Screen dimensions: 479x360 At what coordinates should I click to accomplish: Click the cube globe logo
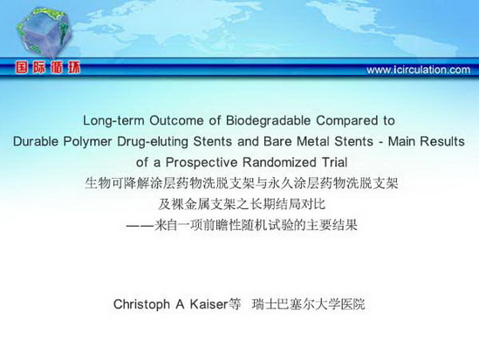click(44, 32)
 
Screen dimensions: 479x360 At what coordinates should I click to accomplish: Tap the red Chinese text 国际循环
click(48, 67)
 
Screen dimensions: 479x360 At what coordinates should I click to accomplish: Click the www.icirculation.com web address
click(418, 70)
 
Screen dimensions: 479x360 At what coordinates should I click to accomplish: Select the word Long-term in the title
click(113, 120)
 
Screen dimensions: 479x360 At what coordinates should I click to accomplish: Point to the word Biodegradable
click(268, 120)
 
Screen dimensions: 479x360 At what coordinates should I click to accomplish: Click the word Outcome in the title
click(176, 120)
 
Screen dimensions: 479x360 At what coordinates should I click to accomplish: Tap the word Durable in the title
click(36, 141)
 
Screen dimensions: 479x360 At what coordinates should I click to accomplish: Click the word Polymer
click(87, 142)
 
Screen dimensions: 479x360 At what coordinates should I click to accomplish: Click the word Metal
click(313, 141)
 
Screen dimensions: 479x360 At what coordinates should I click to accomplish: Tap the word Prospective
click(202, 162)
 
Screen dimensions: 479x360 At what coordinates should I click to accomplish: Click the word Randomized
click(279, 162)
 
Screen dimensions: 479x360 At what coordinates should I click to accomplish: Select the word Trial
click(334, 162)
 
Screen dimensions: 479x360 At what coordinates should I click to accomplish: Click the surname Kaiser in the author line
click(209, 304)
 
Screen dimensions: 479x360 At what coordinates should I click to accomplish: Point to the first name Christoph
click(141, 304)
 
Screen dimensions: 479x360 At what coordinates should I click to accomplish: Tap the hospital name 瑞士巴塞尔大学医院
click(309, 304)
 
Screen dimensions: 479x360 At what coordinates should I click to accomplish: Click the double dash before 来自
click(140, 226)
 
